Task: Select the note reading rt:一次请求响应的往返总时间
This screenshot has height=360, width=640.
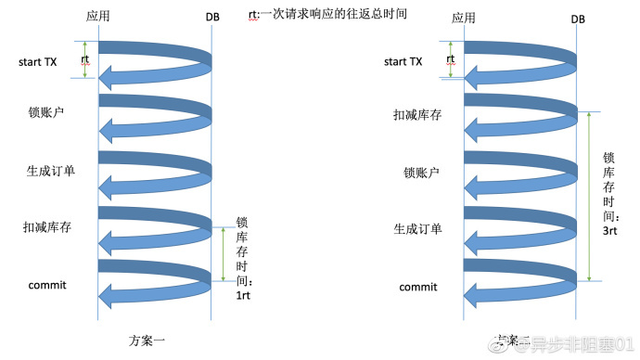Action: [326, 15]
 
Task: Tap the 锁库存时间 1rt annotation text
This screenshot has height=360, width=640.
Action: [243, 255]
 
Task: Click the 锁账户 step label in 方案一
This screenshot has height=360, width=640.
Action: [45, 112]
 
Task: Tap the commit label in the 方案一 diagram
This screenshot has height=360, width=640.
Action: [47, 285]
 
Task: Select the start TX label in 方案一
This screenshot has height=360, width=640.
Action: [38, 62]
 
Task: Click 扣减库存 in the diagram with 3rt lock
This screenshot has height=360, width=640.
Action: [416, 116]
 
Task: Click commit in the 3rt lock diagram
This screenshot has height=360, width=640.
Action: [417, 287]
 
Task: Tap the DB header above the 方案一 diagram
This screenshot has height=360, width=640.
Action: [212, 18]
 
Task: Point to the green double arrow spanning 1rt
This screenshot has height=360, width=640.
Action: [223, 253]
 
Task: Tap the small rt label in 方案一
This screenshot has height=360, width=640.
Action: [85, 59]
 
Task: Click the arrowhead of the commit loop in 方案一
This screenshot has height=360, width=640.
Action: [109, 297]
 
